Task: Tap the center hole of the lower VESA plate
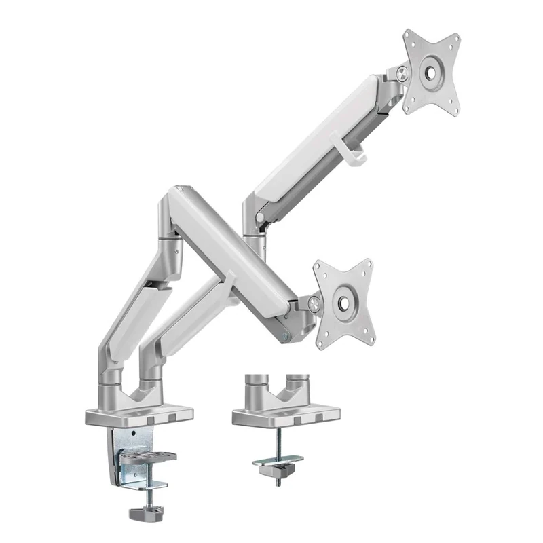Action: pos(343,301)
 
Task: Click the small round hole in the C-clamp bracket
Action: pos(133,434)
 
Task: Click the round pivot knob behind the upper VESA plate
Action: pos(403,75)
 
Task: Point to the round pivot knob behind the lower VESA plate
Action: pos(314,305)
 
